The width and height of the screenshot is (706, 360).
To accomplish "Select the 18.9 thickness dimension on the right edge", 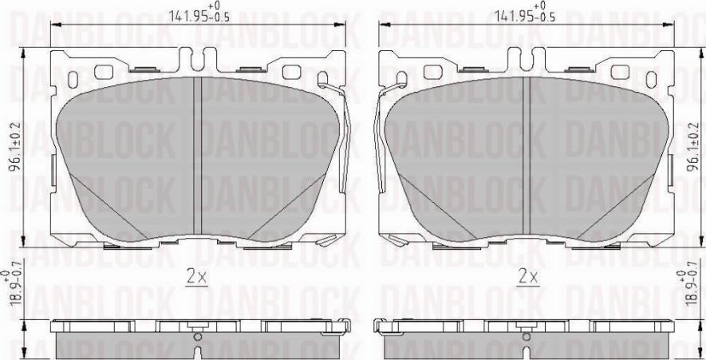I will point(695,291).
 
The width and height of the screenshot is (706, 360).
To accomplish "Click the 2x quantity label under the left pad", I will point(196,278).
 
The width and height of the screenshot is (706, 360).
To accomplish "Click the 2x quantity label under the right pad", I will point(527,278).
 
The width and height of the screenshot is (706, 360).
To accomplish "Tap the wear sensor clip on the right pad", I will point(385,136).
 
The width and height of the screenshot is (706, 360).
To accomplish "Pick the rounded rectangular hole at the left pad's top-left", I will point(104,72).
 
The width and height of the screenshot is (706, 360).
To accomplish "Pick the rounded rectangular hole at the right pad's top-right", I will point(620,72).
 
